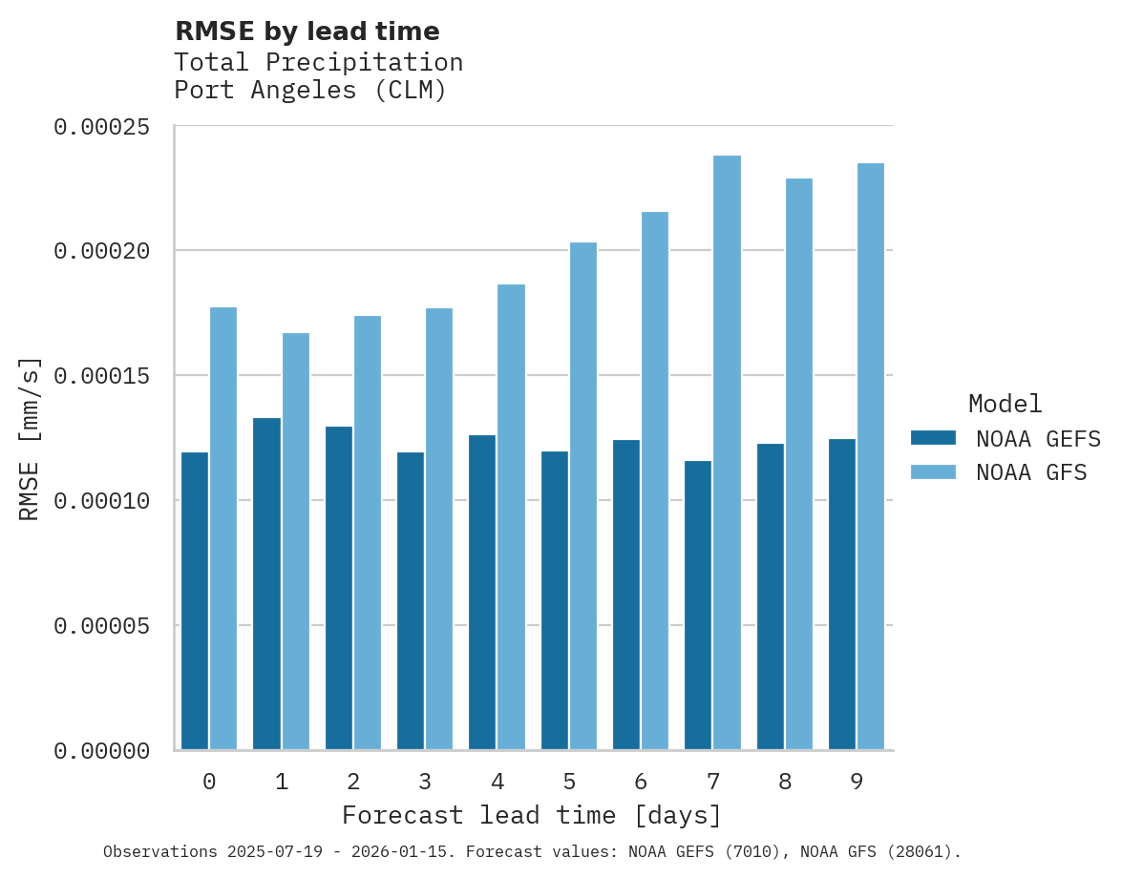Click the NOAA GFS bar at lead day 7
(x=727, y=452)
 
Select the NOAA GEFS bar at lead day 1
(x=267, y=583)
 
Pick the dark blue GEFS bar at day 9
(x=842, y=594)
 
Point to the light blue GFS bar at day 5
(x=582, y=495)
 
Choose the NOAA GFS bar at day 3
(x=439, y=529)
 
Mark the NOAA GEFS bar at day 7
(x=698, y=605)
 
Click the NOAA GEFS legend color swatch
(x=933, y=438)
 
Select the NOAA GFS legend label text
(x=1030, y=472)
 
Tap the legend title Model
(x=1005, y=404)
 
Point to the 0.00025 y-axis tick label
(x=101, y=127)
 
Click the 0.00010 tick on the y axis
(x=101, y=501)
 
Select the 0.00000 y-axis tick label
(x=101, y=752)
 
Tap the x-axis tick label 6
(x=641, y=783)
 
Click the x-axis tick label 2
(x=353, y=783)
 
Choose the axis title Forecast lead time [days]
(x=532, y=816)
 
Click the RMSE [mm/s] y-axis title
(x=31, y=439)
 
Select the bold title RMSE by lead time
(x=307, y=31)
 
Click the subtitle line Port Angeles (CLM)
(x=310, y=92)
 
